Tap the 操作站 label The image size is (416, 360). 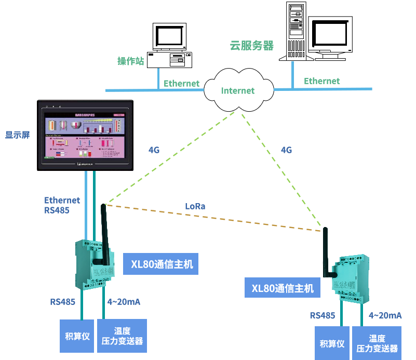130,61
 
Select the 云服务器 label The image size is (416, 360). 251,46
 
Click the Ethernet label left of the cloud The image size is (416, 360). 182,83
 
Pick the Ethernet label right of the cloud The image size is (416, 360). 321,81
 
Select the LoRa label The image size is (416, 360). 195,206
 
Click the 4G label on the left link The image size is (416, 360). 154,150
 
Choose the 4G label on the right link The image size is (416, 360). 286,150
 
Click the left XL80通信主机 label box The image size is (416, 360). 162,264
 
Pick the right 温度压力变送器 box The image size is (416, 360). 377,343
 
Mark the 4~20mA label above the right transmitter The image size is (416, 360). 385,315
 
